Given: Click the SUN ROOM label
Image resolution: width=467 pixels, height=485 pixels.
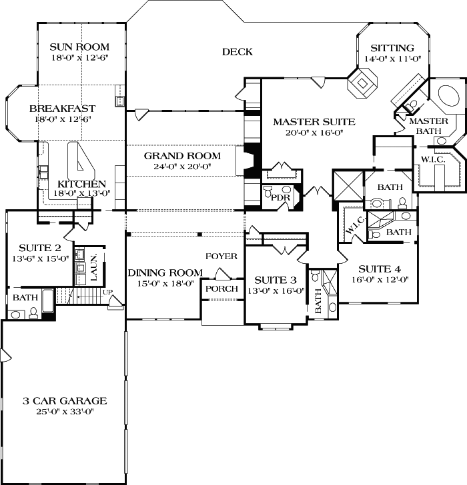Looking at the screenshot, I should click(79, 47).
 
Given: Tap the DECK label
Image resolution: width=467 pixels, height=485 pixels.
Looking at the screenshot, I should click(236, 51).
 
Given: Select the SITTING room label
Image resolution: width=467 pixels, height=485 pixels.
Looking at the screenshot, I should click(392, 48).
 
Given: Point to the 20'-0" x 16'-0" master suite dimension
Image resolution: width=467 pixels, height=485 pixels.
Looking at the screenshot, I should click(314, 133).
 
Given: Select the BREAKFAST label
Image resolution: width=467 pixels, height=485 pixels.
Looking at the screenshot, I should click(63, 108).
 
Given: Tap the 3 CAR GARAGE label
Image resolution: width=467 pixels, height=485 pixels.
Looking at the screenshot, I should click(65, 400).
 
